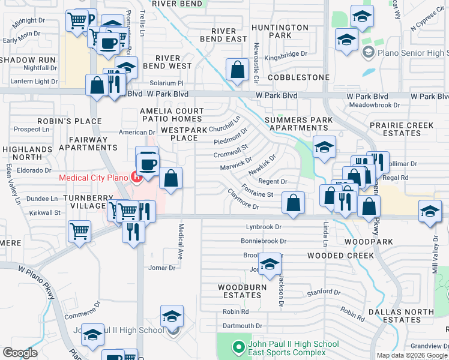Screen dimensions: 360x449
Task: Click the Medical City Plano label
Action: tap(94, 177)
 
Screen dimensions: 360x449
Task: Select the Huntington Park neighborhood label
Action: tap(280, 31)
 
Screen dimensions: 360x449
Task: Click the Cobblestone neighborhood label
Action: tap(299, 77)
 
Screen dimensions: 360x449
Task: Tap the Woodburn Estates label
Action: tap(239, 291)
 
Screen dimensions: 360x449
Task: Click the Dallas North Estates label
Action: tap(401, 316)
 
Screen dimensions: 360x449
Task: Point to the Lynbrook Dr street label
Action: tap(264, 227)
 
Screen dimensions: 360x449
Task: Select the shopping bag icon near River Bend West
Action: tap(238, 69)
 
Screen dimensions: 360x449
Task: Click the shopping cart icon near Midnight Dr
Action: tap(77, 21)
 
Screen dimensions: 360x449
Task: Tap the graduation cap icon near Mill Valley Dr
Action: tap(430, 212)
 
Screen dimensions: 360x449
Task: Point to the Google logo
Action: tap(20, 353)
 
